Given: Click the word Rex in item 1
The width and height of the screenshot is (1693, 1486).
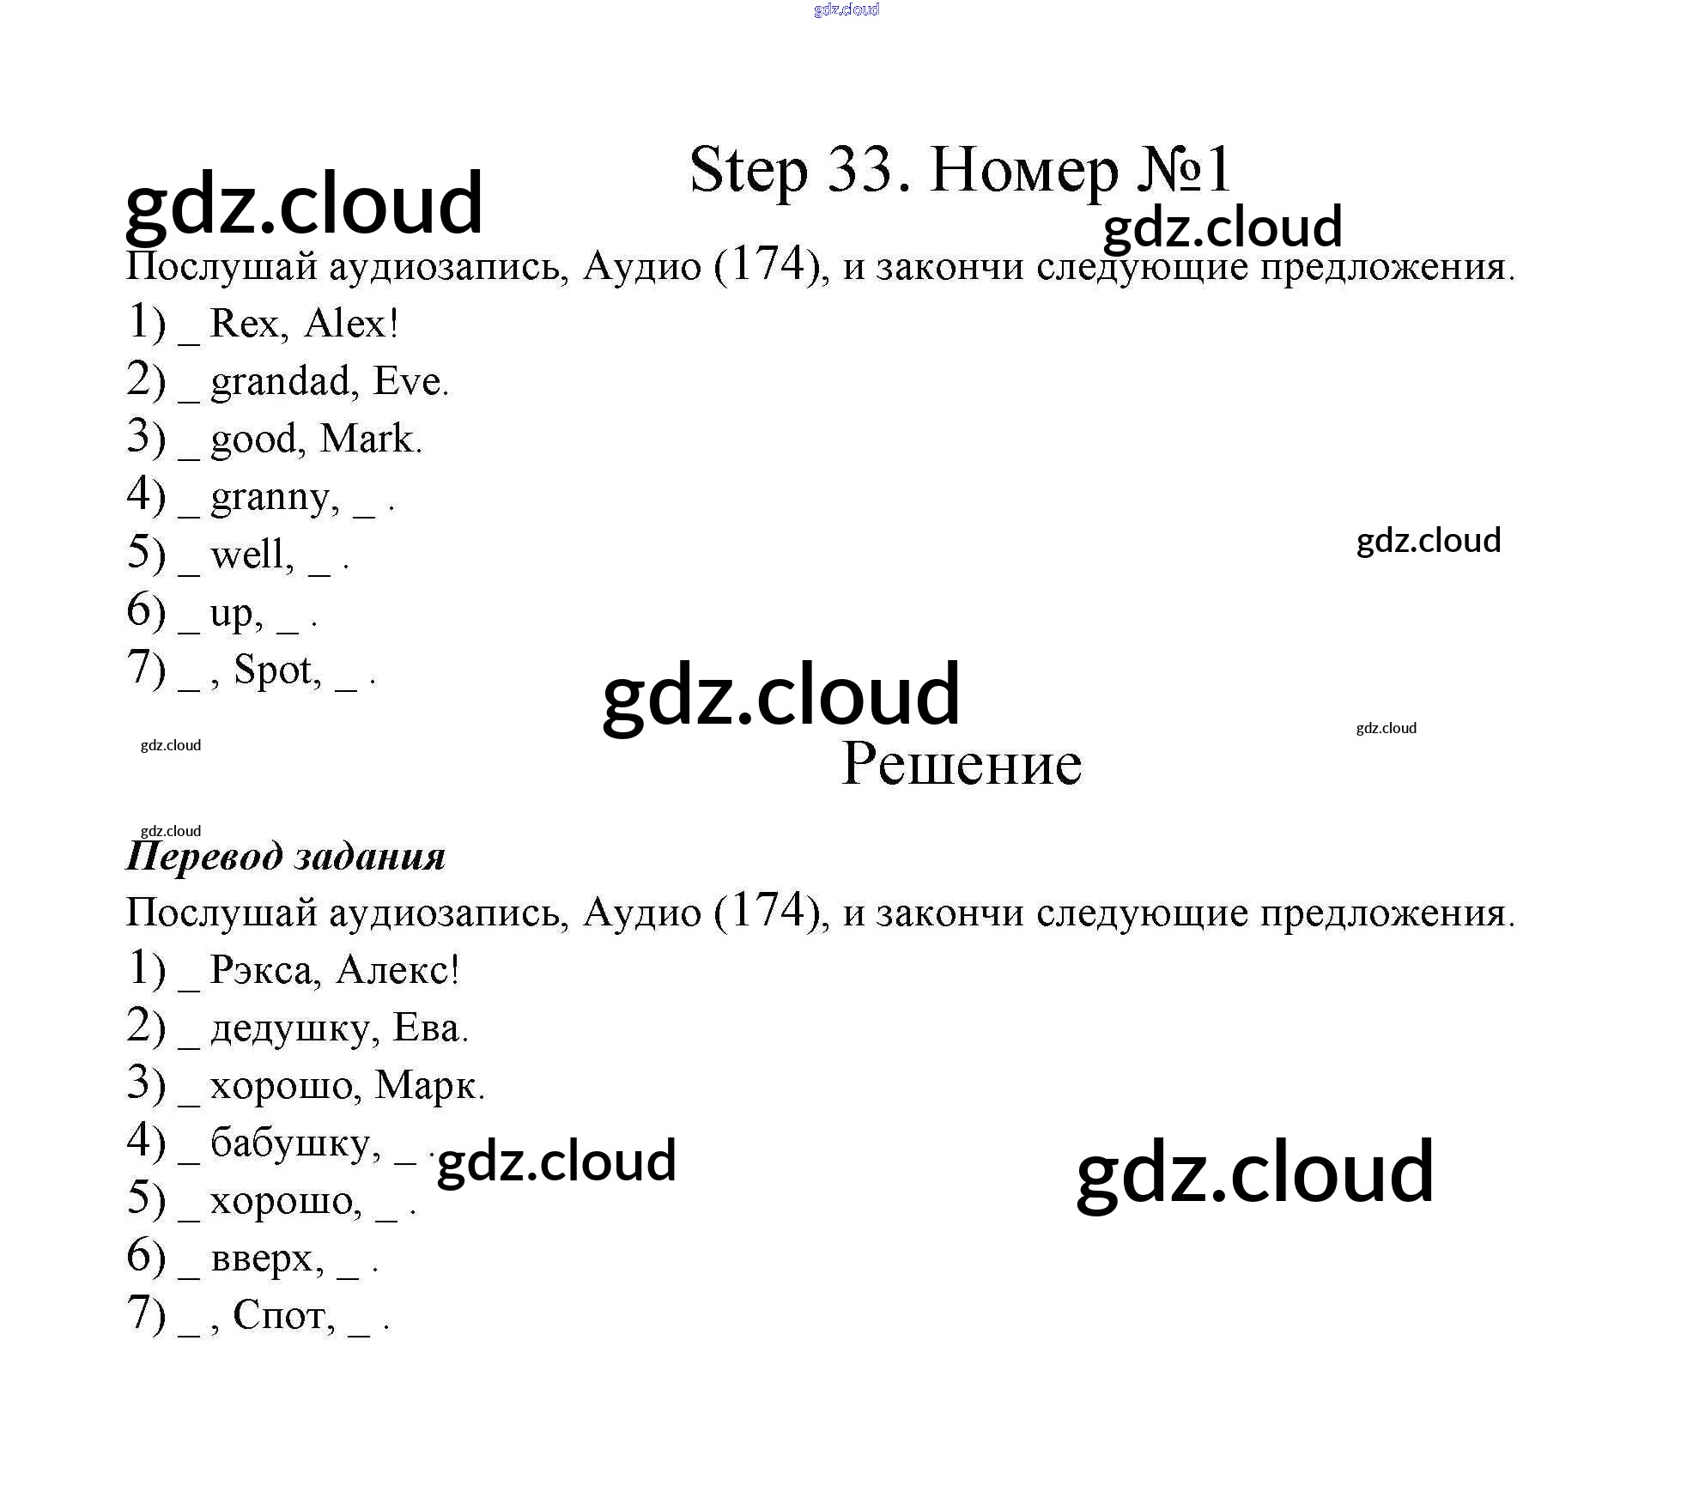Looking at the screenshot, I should pos(245,324).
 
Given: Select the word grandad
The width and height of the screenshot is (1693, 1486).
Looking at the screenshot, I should pos(281,382).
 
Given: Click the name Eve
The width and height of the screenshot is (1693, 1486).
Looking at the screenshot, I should pos(408,381).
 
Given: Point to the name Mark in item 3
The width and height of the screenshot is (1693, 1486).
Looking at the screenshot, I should pos(367,439).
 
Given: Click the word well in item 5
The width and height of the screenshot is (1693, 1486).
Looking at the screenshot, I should pos(251,554).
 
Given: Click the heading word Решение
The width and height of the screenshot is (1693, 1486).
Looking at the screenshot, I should pos(961,763).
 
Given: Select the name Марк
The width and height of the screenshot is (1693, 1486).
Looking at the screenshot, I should pos(427,1085).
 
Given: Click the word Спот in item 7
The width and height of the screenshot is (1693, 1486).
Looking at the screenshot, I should pos(283,1315).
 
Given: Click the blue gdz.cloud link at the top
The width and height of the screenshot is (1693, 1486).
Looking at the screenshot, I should pos(846,9).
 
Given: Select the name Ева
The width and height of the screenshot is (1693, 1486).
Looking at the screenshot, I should pos(427,1028).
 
